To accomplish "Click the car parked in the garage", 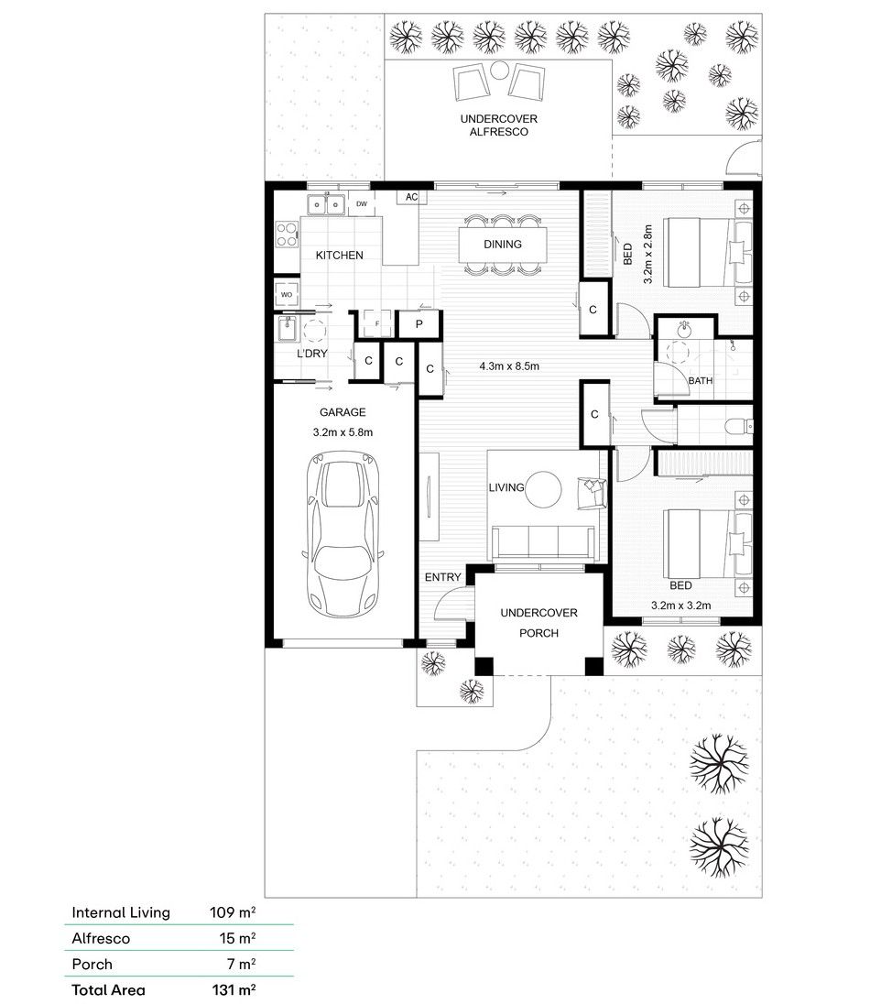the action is (x=343, y=534).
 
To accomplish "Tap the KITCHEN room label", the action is (x=340, y=255).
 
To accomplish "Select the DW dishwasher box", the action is (x=361, y=204).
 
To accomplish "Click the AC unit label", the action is (x=411, y=197).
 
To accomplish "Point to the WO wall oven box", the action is (x=287, y=295).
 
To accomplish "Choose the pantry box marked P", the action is (x=419, y=324).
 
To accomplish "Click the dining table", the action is (x=503, y=245).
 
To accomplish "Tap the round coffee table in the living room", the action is (x=543, y=490).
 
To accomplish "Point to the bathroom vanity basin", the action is (x=684, y=330).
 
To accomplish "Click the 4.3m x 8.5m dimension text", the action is (x=509, y=366).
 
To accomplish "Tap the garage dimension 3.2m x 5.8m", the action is (x=343, y=432).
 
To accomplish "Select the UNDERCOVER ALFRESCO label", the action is (x=499, y=125).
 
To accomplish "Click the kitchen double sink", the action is (x=326, y=204).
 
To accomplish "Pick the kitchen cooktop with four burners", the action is (x=287, y=235).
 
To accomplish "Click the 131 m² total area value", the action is (x=234, y=990).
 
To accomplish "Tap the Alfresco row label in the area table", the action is (x=101, y=939).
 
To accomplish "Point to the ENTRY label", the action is (x=442, y=577).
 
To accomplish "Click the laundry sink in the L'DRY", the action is (x=287, y=329).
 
